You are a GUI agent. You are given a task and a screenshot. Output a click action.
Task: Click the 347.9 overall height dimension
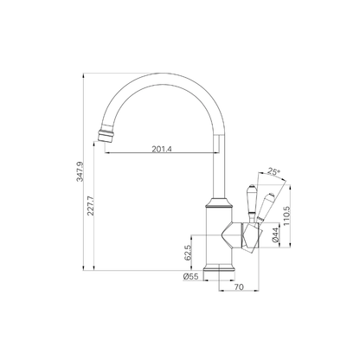pyautogui.click(x=80, y=171)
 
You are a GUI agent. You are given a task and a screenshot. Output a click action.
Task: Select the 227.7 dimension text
pyautogui.click(x=91, y=206)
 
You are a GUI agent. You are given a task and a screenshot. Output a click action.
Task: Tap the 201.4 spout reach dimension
pyautogui.click(x=162, y=149)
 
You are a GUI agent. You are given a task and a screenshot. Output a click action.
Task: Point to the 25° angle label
pyautogui.click(x=273, y=171)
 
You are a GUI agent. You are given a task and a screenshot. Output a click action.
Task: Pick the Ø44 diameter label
pyautogui.click(x=275, y=235)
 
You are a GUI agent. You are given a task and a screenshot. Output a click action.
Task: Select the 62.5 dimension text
pyautogui.click(x=188, y=253)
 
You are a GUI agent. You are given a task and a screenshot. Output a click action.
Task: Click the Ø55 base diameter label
pyautogui.click(x=190, y=276)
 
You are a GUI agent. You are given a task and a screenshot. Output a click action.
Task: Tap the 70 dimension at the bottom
pyautogui.click(x=239, y=287)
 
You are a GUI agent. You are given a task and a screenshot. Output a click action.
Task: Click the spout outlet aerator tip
pyautogui.click(x=106, y=135)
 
